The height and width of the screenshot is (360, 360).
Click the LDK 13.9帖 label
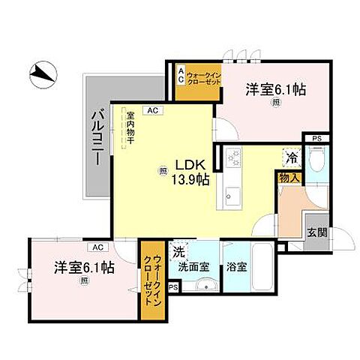pos(191,172)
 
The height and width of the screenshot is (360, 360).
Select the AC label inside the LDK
pos(153,111)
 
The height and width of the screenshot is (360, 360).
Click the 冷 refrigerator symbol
pos(289,158)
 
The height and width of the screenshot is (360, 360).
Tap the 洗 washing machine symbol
pos(179,251)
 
